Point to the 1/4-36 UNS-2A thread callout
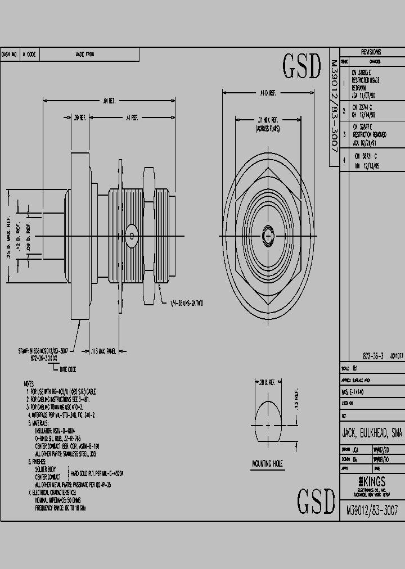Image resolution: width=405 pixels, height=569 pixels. pyautogui.click(x=186, y=303)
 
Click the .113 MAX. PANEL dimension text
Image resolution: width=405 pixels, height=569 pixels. pyautogui.click(x=103, y=351)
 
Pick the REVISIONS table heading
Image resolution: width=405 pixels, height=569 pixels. pyautogui.click(x=371, y=51)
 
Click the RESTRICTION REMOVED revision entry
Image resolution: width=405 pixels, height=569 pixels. pyautogui.click(x=371, y=135)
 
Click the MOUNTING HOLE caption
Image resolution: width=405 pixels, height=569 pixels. pyautogui.click(x=267, y=464)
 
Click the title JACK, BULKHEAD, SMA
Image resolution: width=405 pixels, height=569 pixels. pyautogui.click(x=372, y=433)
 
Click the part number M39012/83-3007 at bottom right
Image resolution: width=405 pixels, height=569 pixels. pyautogui.click(x=372, y=511)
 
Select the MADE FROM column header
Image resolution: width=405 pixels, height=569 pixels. pyautogui.click(x=85, y=55)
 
